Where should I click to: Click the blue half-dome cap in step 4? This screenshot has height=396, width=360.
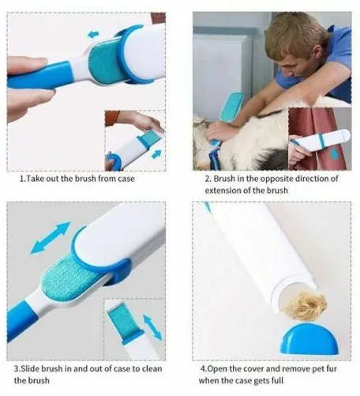point(309,340)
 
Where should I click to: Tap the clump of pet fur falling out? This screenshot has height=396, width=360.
point(306,306)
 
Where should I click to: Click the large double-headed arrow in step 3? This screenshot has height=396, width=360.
point(51,238)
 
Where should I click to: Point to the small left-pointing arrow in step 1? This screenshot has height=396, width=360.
point(93,34)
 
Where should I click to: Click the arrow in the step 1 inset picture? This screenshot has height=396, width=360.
point(156,154)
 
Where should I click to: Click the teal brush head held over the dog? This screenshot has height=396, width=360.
point(231,107)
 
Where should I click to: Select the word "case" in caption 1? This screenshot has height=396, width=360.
point(126,179)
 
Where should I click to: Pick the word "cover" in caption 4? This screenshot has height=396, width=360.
point(253,368)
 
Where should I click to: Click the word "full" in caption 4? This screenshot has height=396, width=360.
point(278,380)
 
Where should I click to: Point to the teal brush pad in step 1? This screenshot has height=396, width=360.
point(105,63)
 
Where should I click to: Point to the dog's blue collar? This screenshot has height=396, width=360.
point(215,157)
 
